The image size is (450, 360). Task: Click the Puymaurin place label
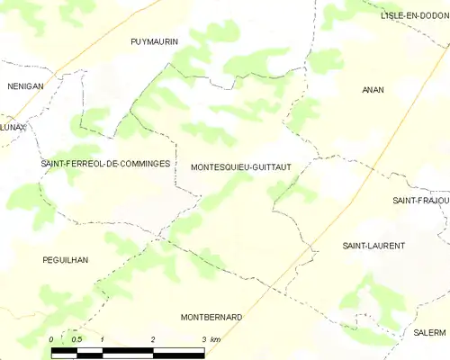coord(155,41)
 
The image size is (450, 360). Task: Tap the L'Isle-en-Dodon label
coord(415,16)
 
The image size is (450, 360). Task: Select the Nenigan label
coord(25,85)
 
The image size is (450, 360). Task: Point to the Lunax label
coord(13,128)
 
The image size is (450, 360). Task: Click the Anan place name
coord(373,90)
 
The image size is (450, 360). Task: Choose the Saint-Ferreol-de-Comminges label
coord(105,164)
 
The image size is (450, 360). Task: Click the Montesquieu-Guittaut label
coord(239,166)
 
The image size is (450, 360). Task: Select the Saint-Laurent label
coord(373,245)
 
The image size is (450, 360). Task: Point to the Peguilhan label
coord(66,259)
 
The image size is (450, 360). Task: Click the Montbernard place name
coord(211,318)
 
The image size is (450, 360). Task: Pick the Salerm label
coord(430,332)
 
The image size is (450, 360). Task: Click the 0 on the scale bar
coord(51,338)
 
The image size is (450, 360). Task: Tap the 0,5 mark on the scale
coord(76,338)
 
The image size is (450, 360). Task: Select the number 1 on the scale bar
coord(103,338)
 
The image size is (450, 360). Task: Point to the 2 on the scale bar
coord(153,338)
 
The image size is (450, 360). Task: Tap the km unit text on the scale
coord(216,338)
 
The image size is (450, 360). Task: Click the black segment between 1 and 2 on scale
coord(128,349)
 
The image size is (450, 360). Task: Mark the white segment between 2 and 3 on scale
coord(178,349)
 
